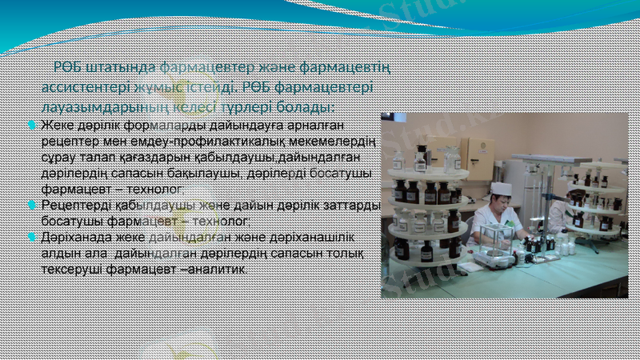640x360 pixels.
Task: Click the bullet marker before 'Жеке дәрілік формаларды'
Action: click(31, 126)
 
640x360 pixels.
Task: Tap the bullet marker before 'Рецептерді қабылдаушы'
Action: click(31, 206)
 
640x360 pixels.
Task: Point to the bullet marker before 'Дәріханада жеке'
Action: click(31, 238)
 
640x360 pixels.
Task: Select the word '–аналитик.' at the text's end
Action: click(216, 270)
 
